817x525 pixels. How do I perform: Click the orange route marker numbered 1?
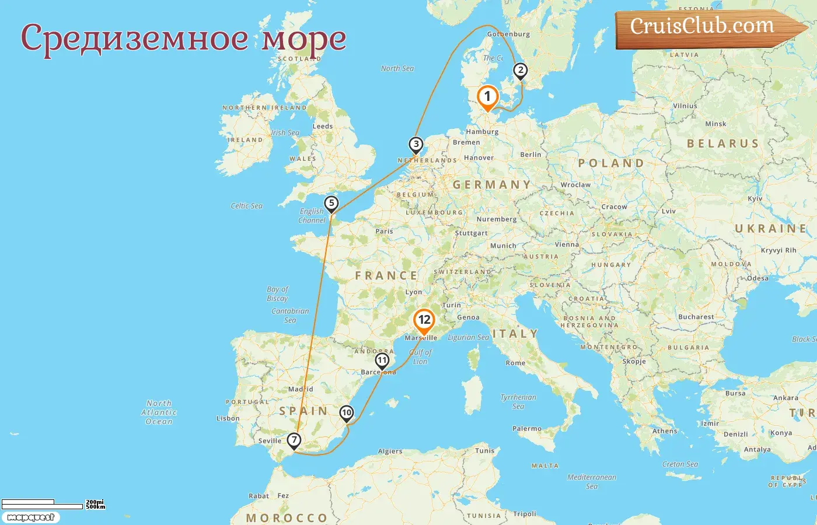pos(487,97)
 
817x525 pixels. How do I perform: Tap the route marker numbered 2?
pos(519,71)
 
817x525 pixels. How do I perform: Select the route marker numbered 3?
pos(416,144)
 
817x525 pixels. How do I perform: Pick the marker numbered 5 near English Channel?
pos(331,204)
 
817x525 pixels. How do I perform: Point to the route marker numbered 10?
pos(347,413)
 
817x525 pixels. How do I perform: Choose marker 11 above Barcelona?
pos(382,360)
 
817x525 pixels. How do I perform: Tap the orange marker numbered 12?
pos(424,320)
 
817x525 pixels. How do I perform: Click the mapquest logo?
pos(30,517)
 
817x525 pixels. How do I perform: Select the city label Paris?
pos(384,232)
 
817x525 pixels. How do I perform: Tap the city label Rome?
pos(515,363)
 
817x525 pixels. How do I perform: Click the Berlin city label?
pos(530,155)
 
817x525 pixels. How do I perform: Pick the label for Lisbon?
pos(228,418)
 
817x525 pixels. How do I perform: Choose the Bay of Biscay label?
pos(277,293)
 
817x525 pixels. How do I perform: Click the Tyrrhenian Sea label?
pos(518,401)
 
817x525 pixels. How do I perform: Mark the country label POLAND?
pos(611,163)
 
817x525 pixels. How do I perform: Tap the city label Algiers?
pos(390,451)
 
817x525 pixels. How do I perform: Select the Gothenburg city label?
pos(508,34)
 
